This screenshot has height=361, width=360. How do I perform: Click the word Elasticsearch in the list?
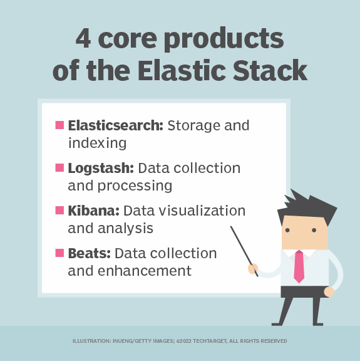point(115,125)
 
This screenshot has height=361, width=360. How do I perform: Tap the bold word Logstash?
point(101,168)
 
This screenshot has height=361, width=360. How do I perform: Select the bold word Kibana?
point(93,210)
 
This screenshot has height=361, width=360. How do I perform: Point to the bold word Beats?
point(88,253)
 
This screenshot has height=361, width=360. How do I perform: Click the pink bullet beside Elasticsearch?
point(59,125)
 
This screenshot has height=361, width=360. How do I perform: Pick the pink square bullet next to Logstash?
point(59,168)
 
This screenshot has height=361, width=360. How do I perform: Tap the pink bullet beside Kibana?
point(59,210)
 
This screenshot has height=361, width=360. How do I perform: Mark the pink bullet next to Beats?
point(59,253)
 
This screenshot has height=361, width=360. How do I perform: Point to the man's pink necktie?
point(299,266)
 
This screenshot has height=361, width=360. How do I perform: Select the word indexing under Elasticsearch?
point(97,143)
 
